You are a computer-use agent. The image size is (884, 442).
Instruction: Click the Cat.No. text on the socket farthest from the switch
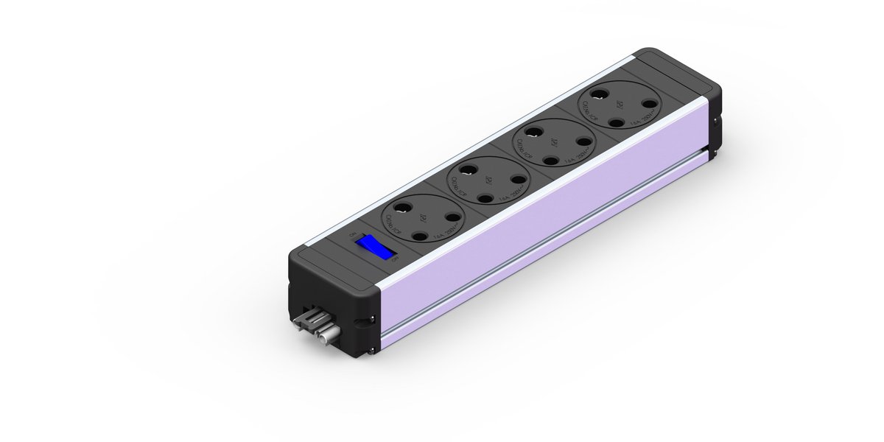click(x=592, y=113)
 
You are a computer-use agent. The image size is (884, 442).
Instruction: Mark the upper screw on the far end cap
click(x=712, y=110)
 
